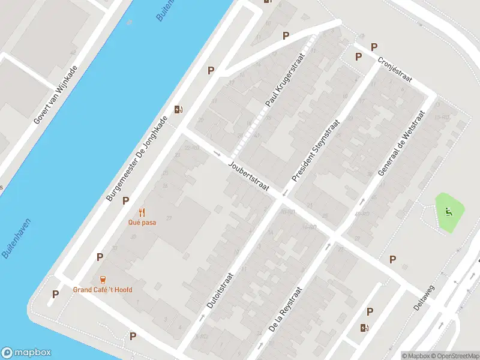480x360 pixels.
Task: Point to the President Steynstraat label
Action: click(x=316, y=151)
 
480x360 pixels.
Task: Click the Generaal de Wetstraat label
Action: click(x=401, y=143)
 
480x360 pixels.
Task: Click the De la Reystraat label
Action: click(x=284, y=309)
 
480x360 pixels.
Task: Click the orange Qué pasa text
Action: click(x=142, y=221)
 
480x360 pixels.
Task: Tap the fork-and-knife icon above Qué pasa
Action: click(x=142, y=212)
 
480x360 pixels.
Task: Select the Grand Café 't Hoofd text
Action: click(x=103, y=290)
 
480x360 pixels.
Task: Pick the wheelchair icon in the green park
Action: click(x=448, y=211)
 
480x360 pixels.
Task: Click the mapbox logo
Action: click(x=26, y=353)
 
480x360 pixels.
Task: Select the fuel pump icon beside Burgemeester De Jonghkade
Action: click(x=178, y=109)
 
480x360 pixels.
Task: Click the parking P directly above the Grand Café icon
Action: click(x=100, y=257)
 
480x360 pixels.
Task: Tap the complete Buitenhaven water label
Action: click(x=17, y=238)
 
